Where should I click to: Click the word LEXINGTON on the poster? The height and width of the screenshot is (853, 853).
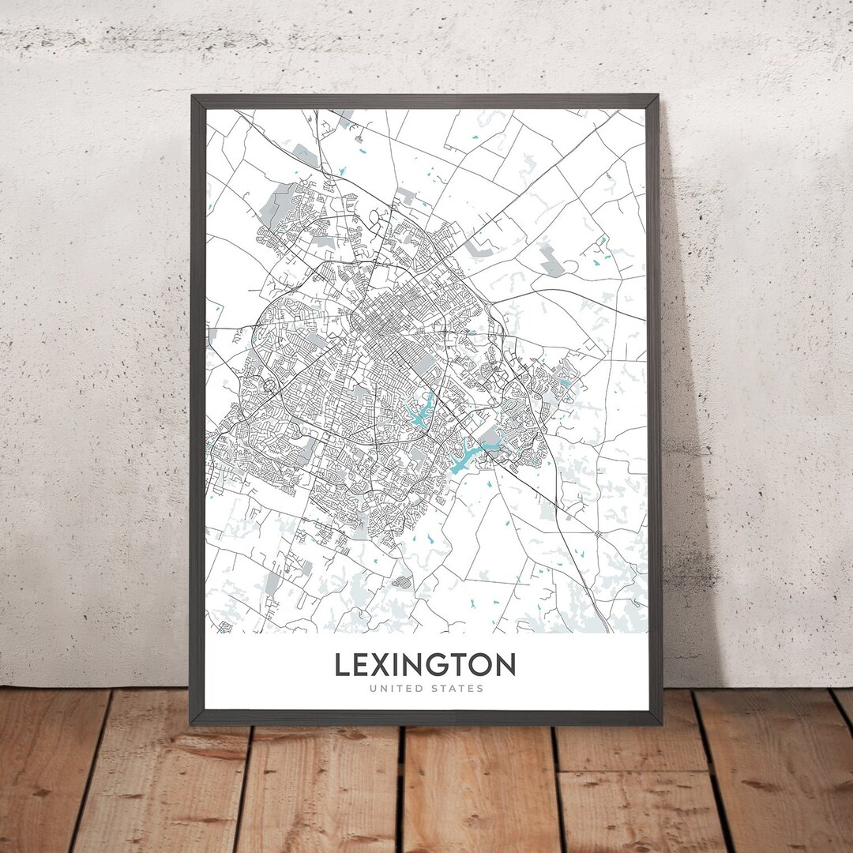click(425, 665)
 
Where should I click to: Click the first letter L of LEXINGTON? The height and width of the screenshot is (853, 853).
click(342, 665)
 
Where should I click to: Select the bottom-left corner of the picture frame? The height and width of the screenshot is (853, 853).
click(192, 723)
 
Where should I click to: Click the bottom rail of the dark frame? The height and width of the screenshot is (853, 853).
click(426, 717)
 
